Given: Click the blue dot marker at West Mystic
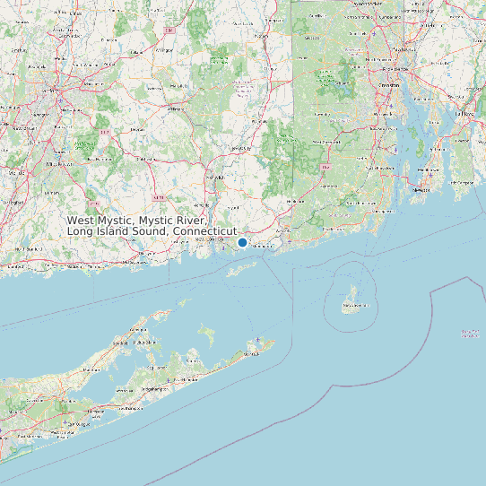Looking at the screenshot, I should point(242,242).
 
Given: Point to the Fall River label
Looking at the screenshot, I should point(464,115).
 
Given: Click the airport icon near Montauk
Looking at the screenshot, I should point(258,340).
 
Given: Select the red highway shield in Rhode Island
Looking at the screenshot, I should point(325,167).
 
